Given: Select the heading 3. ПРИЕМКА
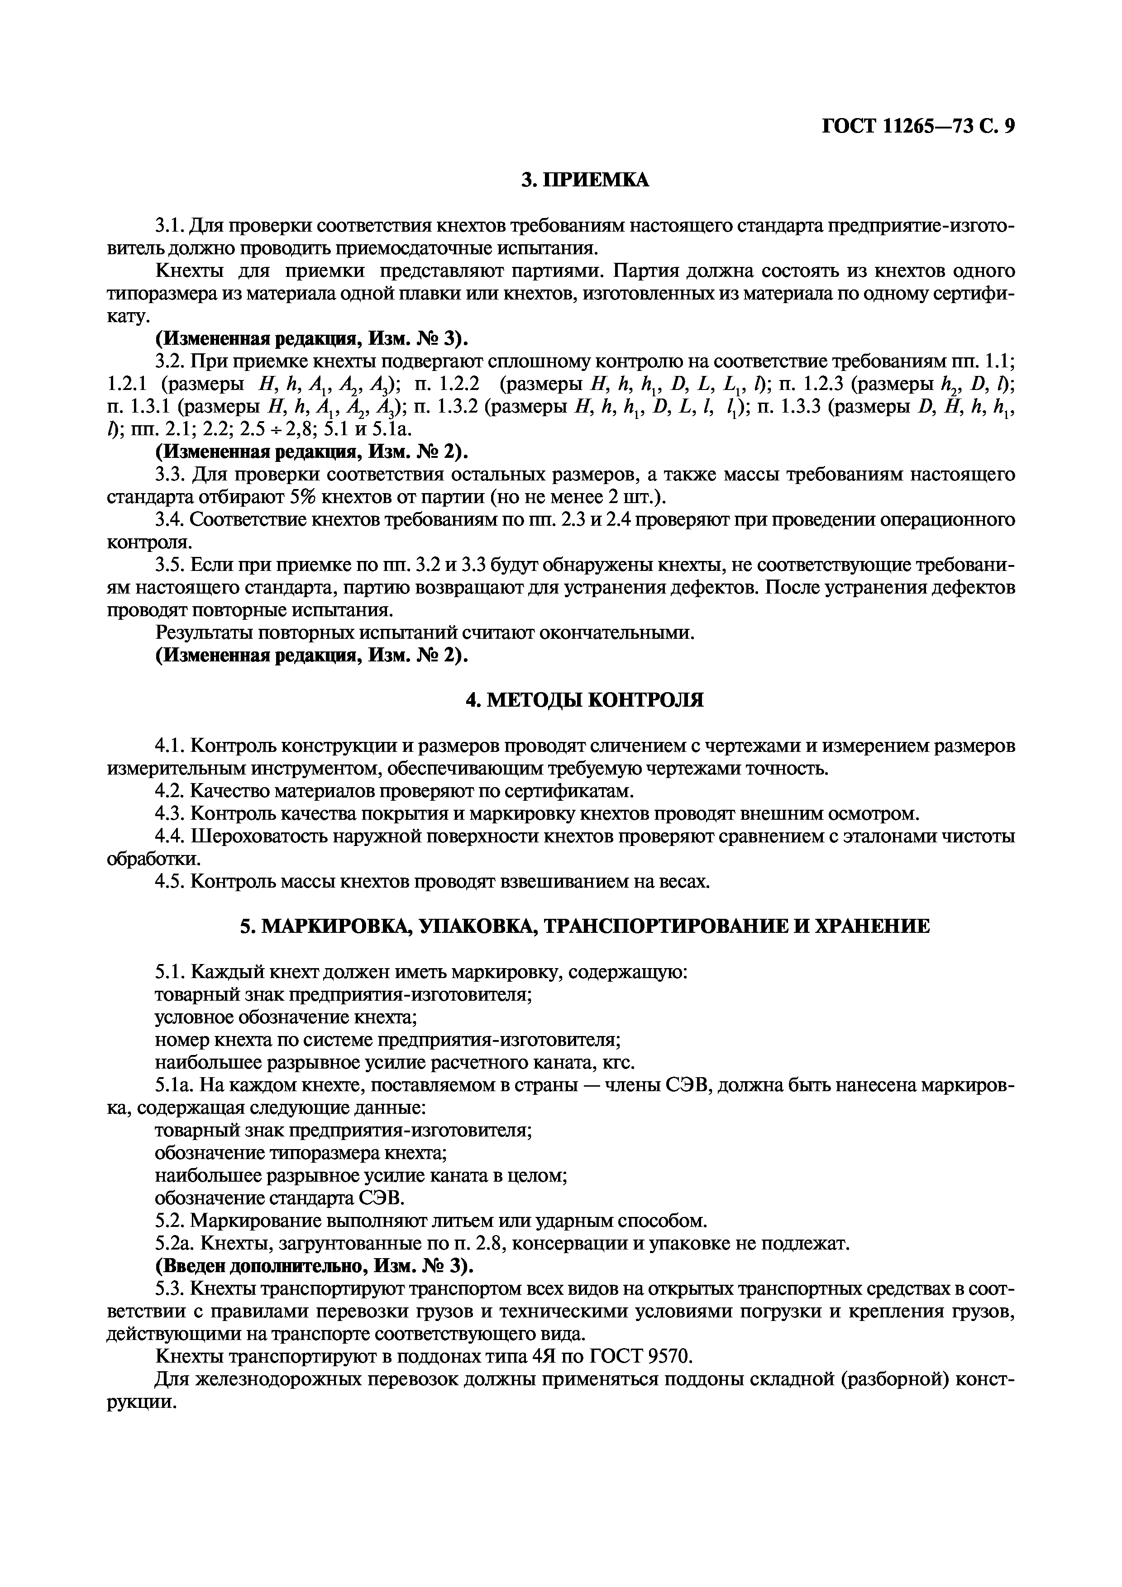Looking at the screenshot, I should (585, 181).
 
